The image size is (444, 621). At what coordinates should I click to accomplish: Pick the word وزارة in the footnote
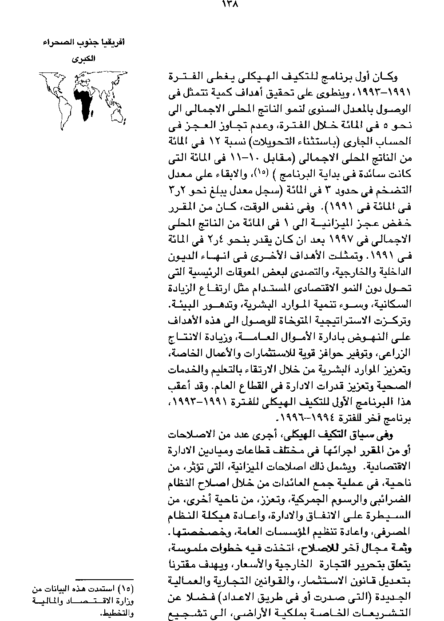[x=124, y=602]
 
